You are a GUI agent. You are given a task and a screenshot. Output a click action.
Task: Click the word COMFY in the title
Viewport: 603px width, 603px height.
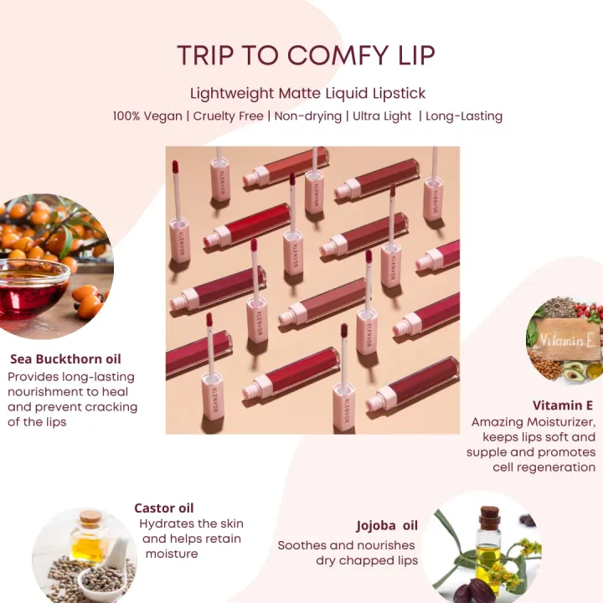pos(338,55)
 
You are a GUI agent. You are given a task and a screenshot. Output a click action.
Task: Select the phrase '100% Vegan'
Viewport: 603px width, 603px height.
pos(147,116)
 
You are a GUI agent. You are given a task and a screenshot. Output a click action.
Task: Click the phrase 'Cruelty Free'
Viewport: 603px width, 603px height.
pos(228,116)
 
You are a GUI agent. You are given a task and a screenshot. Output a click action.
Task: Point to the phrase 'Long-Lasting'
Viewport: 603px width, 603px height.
pos(464,116)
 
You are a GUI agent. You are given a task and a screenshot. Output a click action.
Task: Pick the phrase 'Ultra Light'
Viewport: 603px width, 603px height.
pos(382,116)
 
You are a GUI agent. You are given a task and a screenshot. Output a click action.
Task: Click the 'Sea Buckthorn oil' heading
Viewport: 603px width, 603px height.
pos(65,358)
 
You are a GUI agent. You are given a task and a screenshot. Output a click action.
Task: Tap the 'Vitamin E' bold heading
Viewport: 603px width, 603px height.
pos(563,405)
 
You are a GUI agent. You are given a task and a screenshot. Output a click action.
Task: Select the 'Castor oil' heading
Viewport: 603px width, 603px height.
pos(164,508)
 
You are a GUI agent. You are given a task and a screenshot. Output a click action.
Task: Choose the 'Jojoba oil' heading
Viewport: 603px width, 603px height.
pos(387,526)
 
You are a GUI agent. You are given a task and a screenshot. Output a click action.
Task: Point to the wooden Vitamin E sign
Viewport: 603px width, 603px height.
pos(566,339)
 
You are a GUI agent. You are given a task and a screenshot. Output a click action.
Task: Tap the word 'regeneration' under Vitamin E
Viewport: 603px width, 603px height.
pos(544,467)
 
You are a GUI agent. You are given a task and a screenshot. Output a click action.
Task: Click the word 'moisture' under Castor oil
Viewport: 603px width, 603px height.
pos(172,554)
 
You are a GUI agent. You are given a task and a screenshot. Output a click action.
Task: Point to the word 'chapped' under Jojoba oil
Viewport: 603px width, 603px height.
pos(367,561)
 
